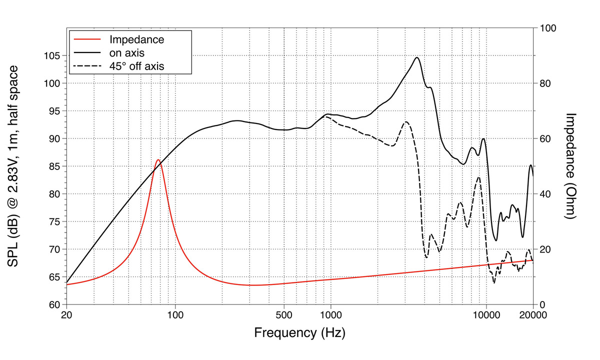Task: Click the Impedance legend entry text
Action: (x=136, y=39)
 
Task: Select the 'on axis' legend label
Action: (x=127, y=52)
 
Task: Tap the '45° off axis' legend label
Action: (x=136, y=65)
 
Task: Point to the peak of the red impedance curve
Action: (x=158, y=160)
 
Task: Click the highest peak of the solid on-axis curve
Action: (x=416, y=57)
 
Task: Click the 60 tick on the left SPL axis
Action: (x=55, y=305)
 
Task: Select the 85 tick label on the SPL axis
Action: (x=55, y=166)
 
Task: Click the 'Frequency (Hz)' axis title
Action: (x=299, y=333)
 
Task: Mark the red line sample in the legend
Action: (x=88, y=39)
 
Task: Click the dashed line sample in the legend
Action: (x=88, y=65)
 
